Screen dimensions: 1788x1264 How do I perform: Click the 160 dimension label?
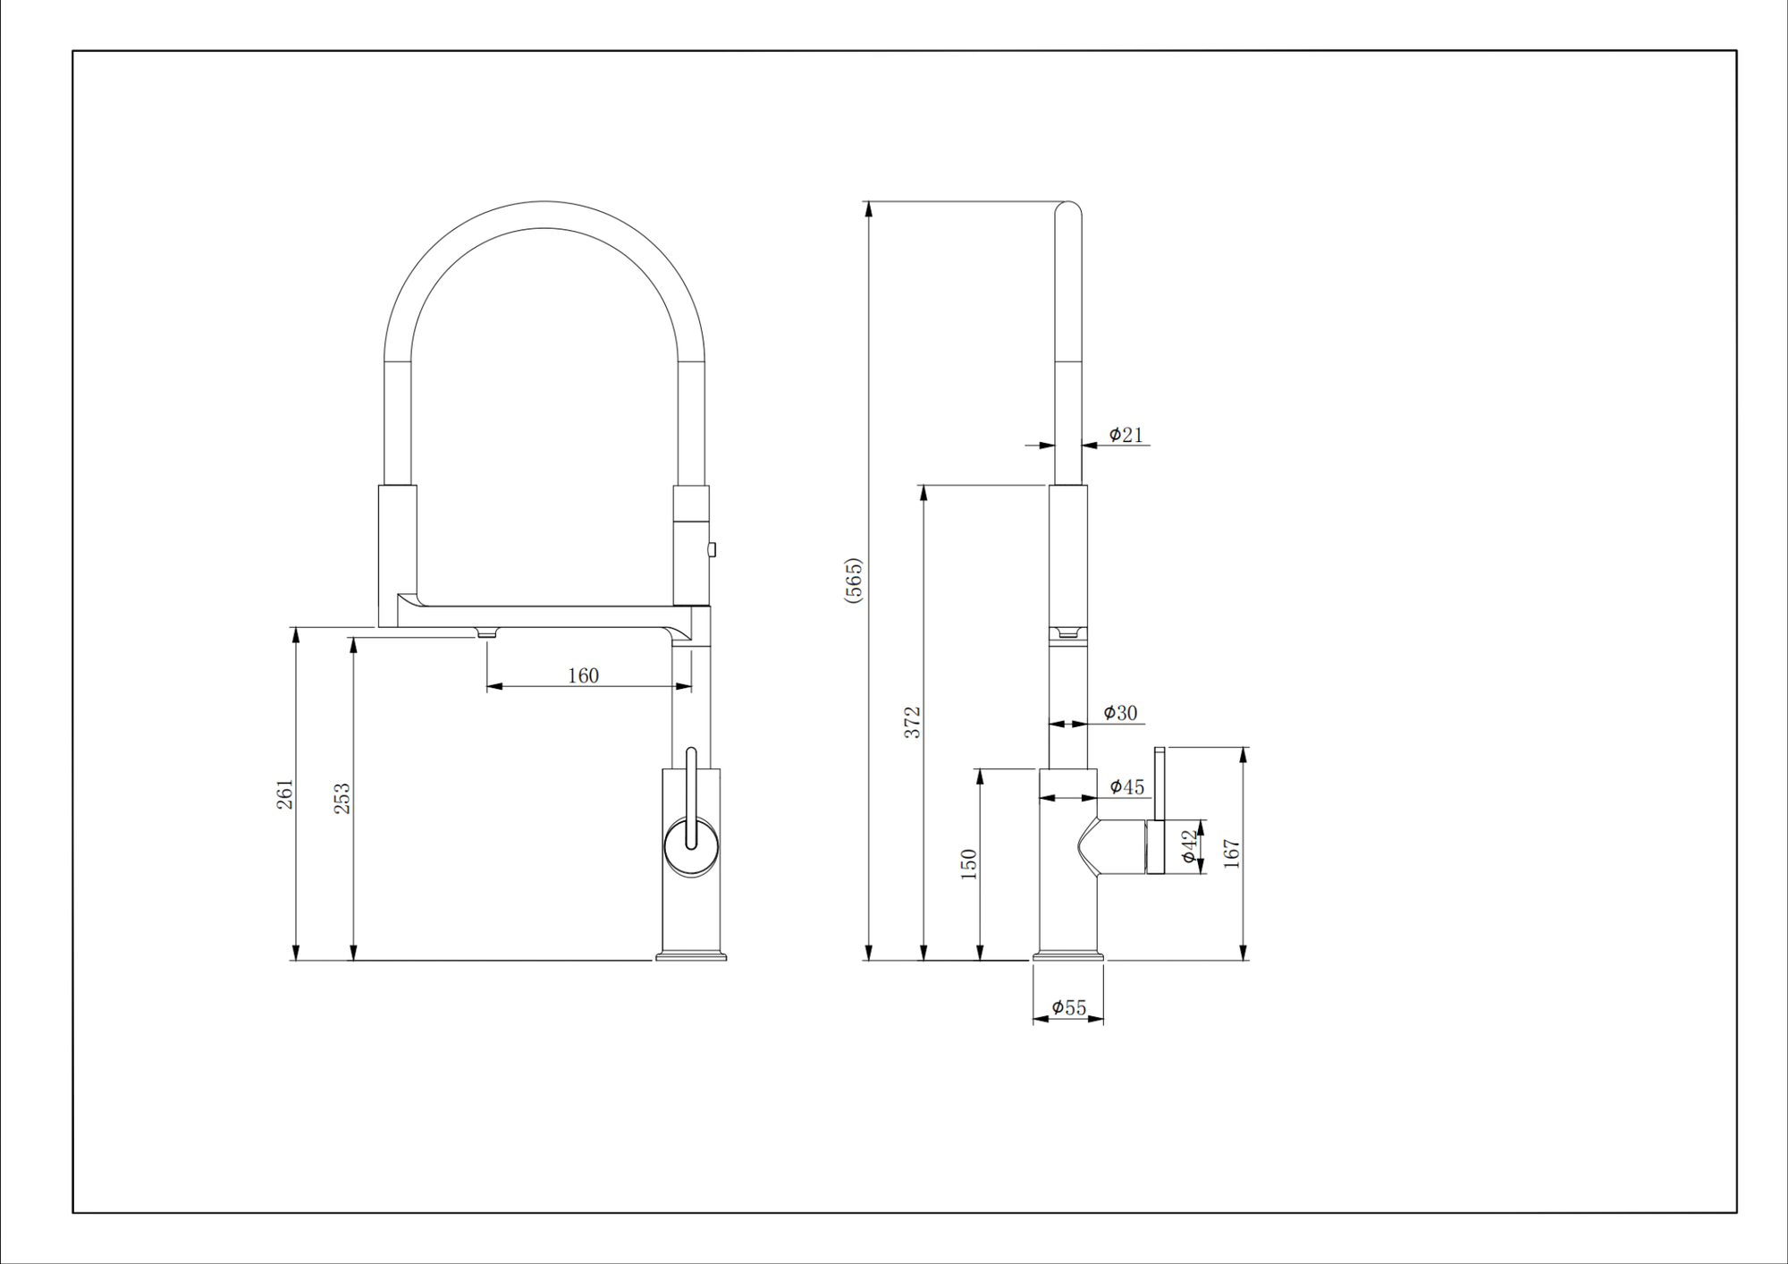coord(583,675)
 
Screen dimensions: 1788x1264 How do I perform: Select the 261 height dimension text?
coord(284,794)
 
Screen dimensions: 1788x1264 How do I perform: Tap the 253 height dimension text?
coord(342,799)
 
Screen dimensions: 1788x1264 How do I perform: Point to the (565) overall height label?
coord(854,581)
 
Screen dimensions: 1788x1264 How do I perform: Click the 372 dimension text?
coord(912,722)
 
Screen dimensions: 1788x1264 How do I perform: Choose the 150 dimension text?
coord(968,864)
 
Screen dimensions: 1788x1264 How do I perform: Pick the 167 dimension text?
coord(1231,853)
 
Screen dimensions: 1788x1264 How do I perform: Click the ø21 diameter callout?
coord(1126,435)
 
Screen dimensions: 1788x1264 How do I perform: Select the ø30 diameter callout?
coord(1120,713)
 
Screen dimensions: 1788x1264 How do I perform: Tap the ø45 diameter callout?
coord(1126,787)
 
